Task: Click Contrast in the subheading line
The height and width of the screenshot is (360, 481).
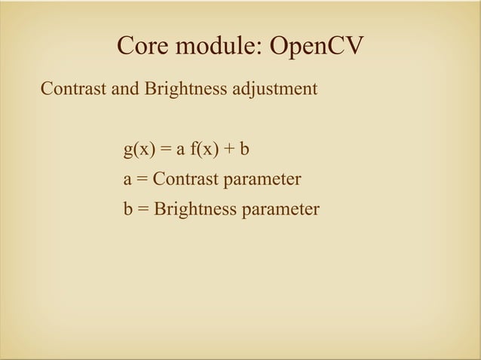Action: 73,90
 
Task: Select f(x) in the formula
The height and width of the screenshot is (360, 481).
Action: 203,149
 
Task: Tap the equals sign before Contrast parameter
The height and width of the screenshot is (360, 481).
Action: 142,180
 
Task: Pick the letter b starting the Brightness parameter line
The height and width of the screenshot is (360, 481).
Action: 127,209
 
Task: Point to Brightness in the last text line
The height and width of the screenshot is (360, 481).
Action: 194,209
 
